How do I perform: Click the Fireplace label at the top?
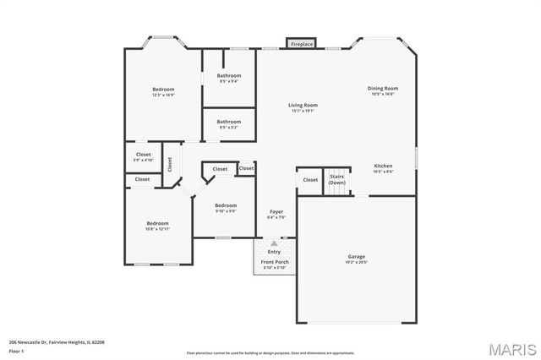pyautogui.click(x=302, y=43)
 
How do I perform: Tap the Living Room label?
pyautogui.click(x=303, y=105)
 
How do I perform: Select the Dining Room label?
pyautogui.click(x=382, y=88)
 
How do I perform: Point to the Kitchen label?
pyautogui.click(x=383, y=166)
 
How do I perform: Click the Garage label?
pyautogui.click(x=356, y=256)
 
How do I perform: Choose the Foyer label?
pyautogui.click(x=276, y=211)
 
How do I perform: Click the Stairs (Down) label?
pyautogui.click(x=337, y=179)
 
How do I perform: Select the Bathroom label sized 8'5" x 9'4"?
pyautogui.click(x=228, y=76)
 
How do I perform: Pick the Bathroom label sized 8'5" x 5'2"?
pyautogui.click(x=228, y=122)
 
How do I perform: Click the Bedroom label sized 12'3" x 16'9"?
pyautogui.click(x=163, y=90)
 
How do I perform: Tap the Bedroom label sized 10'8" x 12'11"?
pyautogui.click(x=157, y=223)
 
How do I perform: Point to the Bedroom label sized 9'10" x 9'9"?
pyautogui.click(x=226, y=206)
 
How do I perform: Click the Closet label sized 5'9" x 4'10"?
pyautogui.click(x=143, y=155)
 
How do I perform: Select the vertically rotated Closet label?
pyautogui.click(x=169, y=164)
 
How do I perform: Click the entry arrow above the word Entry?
pyautogui.click(x=274, y=243)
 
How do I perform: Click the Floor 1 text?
pyautogui.click(x=17, y=349)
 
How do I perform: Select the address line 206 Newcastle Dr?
pyautogui.click(x=56, y=342)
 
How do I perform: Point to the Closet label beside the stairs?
pyautogui.click(x=310, y=179)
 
